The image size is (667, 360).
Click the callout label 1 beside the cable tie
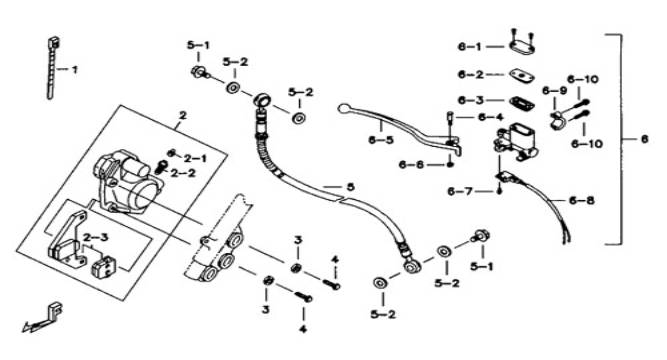pos(75,69)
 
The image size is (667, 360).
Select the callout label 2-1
pos(195,159)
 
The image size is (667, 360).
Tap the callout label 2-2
pos(183,174)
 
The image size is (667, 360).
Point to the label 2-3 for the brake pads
pos(95,237)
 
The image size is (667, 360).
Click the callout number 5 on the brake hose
pos(351,187)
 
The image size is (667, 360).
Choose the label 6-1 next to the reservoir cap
pos(470,47)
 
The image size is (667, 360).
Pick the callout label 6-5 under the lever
pos(381,140)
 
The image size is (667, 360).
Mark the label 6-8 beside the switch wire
pos(582,200)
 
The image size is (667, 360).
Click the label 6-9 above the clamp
pos(554,91)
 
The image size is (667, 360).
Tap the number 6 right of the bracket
pos(644,139)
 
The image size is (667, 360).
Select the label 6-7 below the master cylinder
pos(460,191)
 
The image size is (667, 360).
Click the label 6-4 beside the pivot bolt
pos(490,117)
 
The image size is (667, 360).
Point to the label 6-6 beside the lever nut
pos(411,165)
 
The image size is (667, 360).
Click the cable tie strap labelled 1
pos(52,68)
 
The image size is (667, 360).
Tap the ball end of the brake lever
pos(343,109)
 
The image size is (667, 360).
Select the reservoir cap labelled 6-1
pos(522,47)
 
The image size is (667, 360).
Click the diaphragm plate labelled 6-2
pos(522,76)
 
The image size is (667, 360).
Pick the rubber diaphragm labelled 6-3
pos(522,102)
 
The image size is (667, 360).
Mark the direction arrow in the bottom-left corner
pos(42,317)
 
